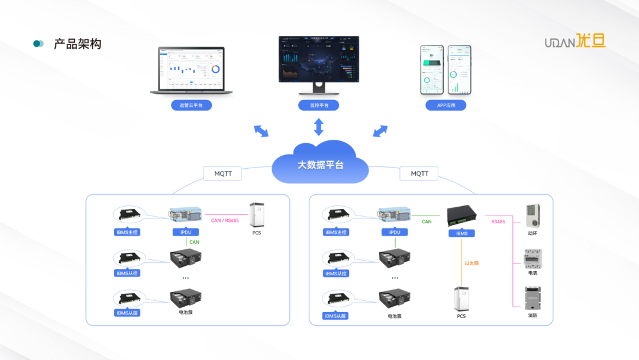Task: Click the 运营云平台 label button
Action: (191, 105)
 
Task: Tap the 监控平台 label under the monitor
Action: (319, 105)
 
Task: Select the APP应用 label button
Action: (446, 105)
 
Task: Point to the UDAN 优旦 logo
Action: (575, 42)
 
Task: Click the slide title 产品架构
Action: (78, 44)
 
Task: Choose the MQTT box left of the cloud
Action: (222, 174)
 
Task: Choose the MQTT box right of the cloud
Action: (419, 173)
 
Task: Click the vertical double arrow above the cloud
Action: (319, 127)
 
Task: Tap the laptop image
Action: (191, 72)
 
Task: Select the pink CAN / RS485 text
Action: (225, 221)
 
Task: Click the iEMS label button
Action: (462, 233)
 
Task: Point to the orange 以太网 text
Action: (471, 263)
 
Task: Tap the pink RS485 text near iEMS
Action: (498, 222)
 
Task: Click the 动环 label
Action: (532, 233)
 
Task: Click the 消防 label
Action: (532, 316)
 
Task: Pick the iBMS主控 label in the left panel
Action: (127, 232)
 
